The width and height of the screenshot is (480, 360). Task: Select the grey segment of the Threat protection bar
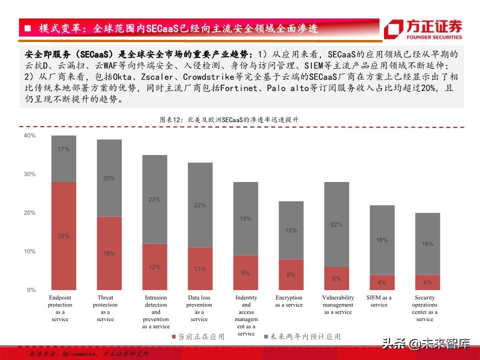pos(109,178)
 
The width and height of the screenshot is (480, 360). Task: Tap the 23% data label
pos(154,199)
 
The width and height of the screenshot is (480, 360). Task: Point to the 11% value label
pos(200,269)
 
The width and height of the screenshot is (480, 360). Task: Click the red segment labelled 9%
pos(246,272)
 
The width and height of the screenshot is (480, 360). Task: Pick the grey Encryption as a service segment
pos(291,230)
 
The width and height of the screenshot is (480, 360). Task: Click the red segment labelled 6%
pos(336,278)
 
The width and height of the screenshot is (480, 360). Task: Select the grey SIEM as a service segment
pos(382,240)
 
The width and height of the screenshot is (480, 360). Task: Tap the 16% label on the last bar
pos(427,244)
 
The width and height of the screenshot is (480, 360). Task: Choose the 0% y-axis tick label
pos(31,290)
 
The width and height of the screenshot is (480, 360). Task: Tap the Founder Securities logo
pos(423,29)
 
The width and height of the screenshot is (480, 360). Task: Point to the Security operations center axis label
pos(424,308)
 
